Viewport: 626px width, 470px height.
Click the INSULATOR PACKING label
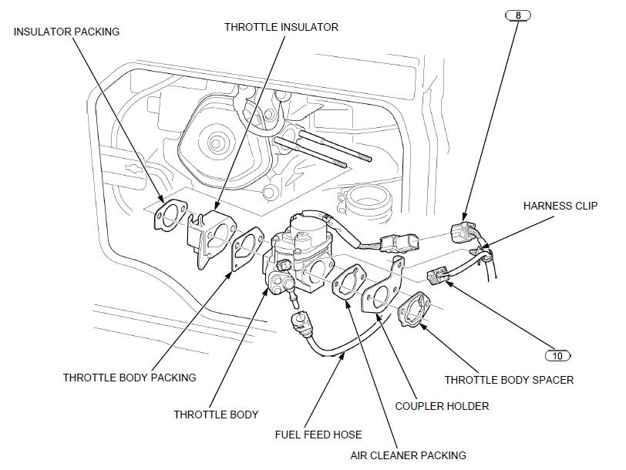[x=67, y=32]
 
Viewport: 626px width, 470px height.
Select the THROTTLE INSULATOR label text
[x=281, y=26]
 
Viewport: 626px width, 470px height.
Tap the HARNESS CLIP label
[x=558, y=206]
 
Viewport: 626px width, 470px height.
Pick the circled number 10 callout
[x=557, y=356]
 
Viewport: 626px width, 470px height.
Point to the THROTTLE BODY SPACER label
[x=509, y=380]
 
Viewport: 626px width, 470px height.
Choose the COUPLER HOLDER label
[x=442, y=405]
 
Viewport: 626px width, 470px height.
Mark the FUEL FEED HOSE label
[x=318, y=435]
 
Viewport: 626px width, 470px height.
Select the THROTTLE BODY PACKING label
[x=130, y=378]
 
